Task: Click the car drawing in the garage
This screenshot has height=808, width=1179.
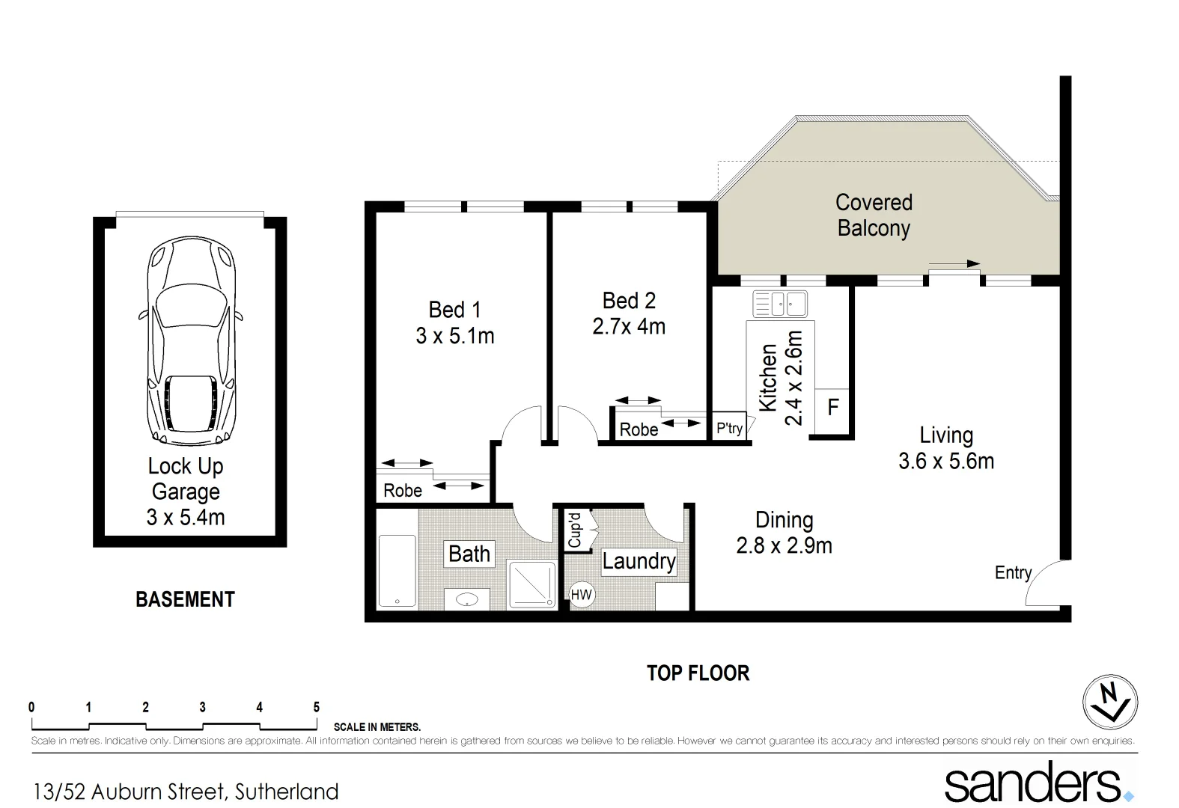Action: pos(190,340)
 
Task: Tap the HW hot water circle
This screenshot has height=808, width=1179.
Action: pos(581,595)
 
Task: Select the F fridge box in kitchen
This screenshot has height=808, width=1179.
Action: pos(832,408)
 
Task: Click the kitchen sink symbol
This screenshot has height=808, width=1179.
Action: pos(780,304)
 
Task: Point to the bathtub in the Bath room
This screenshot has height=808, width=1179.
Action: pos(397,570)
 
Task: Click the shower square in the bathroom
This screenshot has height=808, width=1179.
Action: pos(532,584)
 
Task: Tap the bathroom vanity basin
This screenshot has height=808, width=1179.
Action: pos(467,599)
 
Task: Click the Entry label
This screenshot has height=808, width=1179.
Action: pos(1012,573)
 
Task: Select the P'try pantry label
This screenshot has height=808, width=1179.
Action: pos(729,428)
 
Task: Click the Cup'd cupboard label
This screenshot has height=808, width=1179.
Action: pos(575,530)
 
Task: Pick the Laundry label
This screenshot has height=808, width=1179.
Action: pos(639,561)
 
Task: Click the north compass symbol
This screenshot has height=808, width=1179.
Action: pos(1110,703)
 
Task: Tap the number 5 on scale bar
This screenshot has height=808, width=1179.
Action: pos(316,707)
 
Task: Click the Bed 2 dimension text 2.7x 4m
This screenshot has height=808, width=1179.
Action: pos(629,327)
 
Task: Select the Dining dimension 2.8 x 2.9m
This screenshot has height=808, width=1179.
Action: pos(784,546)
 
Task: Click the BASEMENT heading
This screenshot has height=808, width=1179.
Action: pos(185,600)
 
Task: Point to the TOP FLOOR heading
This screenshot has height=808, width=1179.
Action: pos(698,673)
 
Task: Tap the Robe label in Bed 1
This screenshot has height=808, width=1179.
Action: pos(403,491)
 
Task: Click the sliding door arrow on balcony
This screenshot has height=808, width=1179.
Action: pos(954,263)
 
